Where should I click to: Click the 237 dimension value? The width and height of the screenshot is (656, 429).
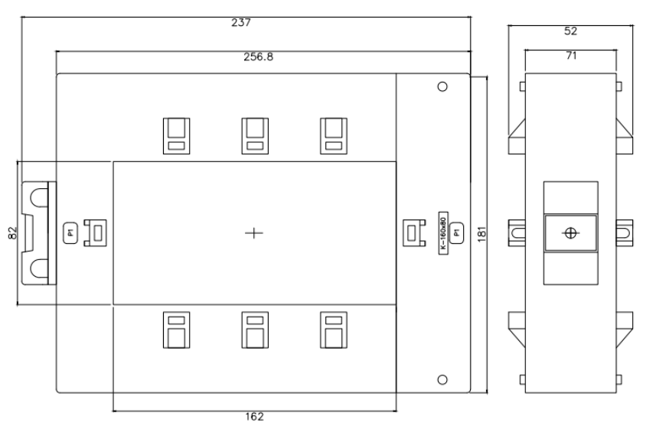240,23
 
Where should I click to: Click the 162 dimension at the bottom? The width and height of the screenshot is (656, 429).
254,417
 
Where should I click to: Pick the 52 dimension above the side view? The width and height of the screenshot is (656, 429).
570,31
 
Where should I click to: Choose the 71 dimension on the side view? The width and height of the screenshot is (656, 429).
570,57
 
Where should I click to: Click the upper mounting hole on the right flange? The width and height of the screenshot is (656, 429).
442,86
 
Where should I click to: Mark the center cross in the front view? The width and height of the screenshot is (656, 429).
254,232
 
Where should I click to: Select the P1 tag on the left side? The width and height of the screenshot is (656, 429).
69,232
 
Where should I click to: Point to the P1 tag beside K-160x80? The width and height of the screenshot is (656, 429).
456,232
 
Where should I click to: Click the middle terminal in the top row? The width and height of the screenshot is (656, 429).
254,135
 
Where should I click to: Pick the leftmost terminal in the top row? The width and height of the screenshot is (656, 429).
175,135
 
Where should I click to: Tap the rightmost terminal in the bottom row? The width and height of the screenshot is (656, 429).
331,330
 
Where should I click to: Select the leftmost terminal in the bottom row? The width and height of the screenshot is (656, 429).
175,330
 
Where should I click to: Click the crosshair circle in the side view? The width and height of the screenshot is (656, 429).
570,232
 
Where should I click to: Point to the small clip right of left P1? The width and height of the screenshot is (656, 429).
97,232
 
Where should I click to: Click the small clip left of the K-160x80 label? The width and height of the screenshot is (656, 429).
412,232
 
